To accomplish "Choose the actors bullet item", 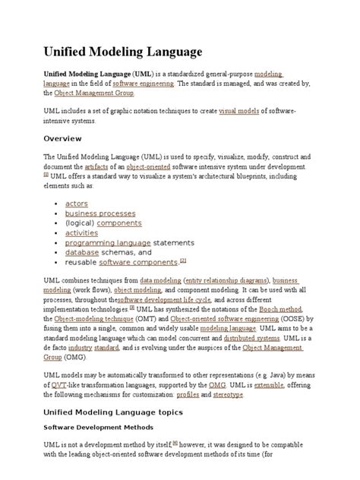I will pos(77,204).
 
